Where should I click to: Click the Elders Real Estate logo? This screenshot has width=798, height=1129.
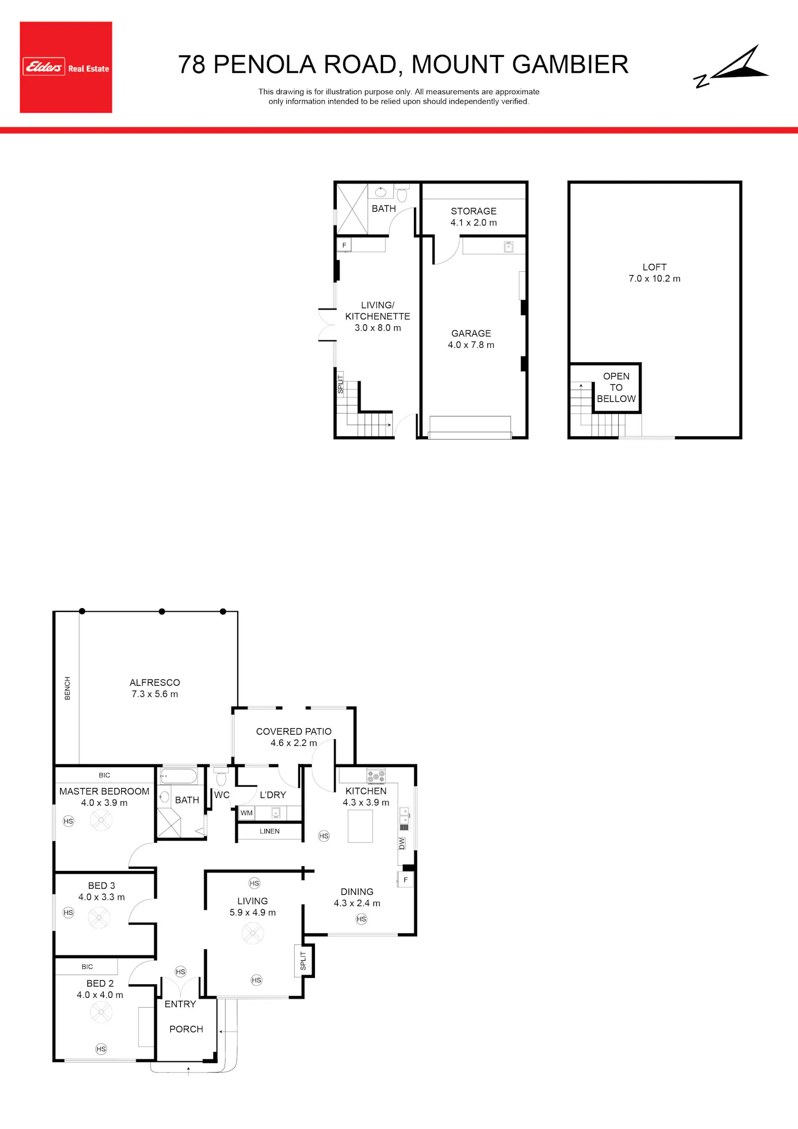point(66,67)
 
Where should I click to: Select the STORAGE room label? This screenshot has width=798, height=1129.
point(473,211)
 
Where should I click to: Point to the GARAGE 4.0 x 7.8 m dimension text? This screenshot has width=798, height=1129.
point(471,345)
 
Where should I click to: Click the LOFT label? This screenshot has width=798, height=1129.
point(654,267)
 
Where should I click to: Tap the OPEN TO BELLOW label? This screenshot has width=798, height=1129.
point(616,387)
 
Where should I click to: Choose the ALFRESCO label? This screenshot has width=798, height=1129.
point(155,683)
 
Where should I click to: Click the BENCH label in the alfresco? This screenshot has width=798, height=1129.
point(68,688)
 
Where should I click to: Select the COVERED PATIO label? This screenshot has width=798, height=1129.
point(294,732)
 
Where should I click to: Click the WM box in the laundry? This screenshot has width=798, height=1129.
point(246,813)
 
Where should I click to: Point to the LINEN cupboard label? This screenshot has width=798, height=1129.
point(270,831)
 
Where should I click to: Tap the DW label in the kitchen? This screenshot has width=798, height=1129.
point(402,843)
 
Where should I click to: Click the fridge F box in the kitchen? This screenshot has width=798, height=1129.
point(405,880)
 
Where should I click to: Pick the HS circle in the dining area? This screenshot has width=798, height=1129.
point(362,919)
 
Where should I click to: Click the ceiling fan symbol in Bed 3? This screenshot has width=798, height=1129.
point(99,917)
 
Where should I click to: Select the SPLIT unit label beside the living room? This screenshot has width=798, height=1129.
point(303,960)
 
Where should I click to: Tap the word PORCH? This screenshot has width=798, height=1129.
point(186,1029)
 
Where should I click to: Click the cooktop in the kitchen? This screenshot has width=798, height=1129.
point(376,776)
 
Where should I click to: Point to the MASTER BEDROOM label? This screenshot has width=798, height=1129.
point(104,791)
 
